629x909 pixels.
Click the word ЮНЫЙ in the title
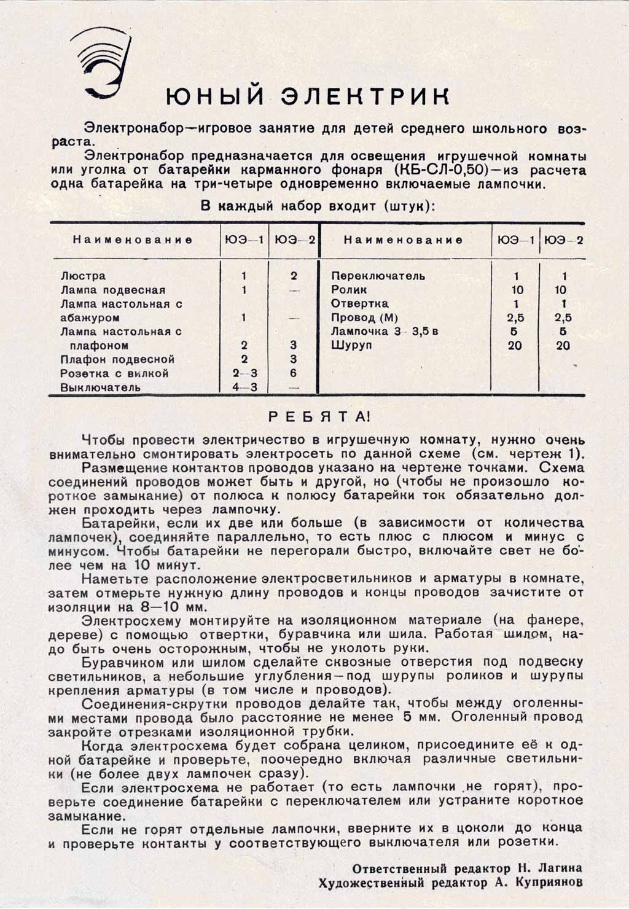(213, 96)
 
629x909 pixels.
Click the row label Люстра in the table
(83, 276)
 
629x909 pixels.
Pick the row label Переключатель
(378, 276)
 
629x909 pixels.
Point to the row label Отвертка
(359, 304)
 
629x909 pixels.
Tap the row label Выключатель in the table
(100, 388)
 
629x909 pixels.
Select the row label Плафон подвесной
(117, 359)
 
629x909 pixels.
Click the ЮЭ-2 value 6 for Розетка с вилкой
(294, 373)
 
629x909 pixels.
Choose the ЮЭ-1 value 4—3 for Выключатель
(244, 388)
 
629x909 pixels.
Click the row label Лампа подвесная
(113, 291)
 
